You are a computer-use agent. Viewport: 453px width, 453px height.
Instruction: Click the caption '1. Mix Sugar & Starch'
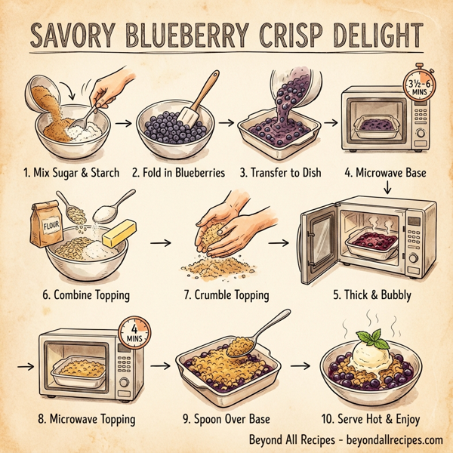pos(70,173)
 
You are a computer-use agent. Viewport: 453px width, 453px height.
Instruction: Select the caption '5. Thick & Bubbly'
pos(371,294)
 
